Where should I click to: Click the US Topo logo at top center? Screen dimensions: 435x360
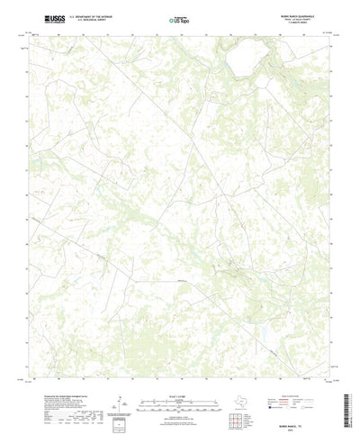(x=179, y=18)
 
